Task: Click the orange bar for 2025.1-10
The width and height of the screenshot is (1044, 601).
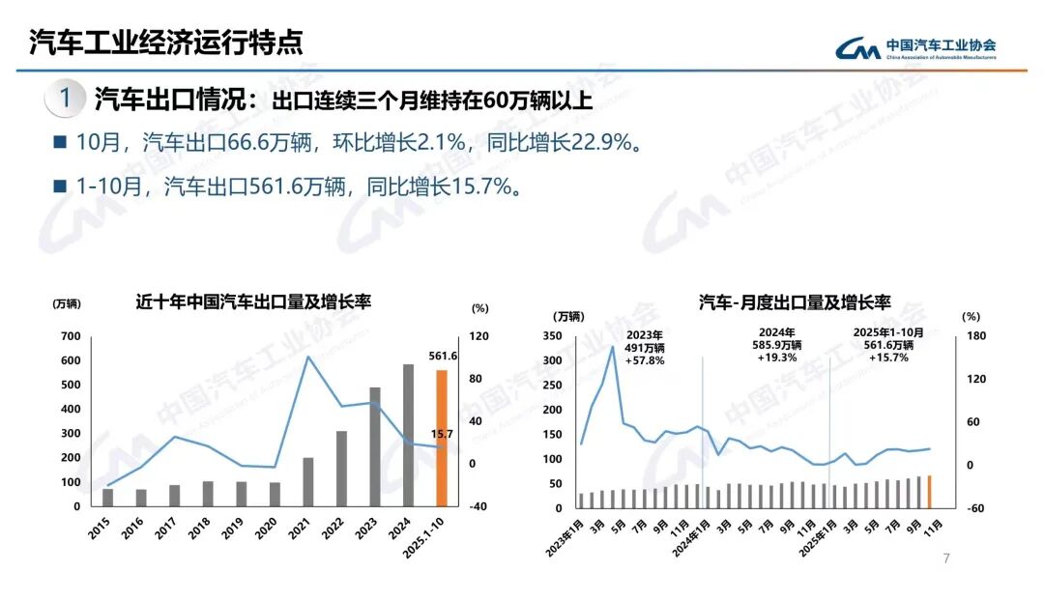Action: pyautogui.click(x=441, y=438)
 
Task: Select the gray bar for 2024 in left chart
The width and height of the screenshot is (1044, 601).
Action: pyautogui.click(x=408, y=435)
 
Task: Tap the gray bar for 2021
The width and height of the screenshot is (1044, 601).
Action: pyautogui.click(x=308, y=481)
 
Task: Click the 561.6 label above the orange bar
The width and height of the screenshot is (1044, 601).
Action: pyautogui.click(x=442, y=356)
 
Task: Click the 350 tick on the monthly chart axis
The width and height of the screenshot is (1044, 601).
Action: pyautogui.click(x=553, y=336)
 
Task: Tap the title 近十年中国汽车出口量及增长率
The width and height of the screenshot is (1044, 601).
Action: pyautogui.click(x=254, y=302)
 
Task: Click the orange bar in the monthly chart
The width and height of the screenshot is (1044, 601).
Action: pyautogui.click(x=929, y=491)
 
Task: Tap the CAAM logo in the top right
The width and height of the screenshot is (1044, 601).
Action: pyautogui.click(x=915, y=47)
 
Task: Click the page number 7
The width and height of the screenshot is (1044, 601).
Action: pyautogui.click(x=946, y=558)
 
